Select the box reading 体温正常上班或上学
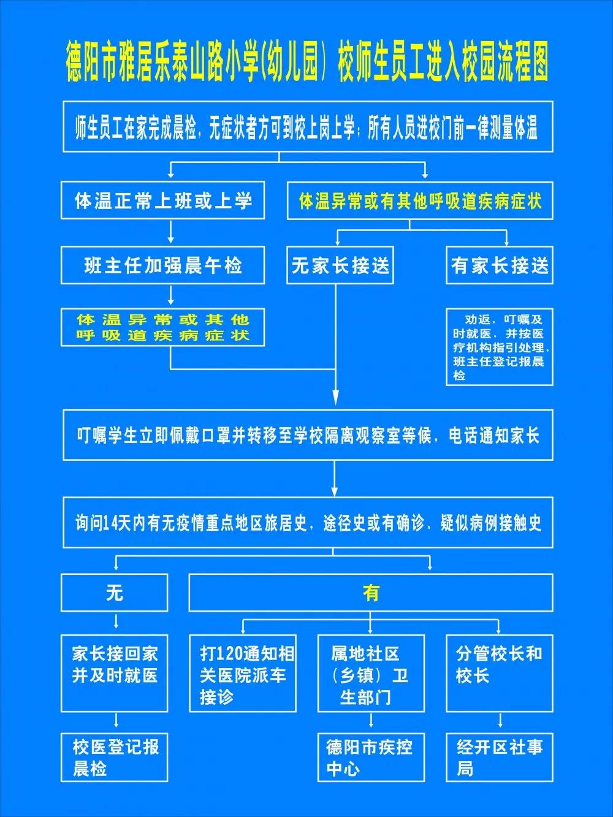pyautogui.click(x=162, y=200)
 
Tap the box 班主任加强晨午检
pyautogui.click(x=162, y=265)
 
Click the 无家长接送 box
pyautogui.click(x=340, y=265)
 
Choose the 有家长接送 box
pyautogui.click(x=500, y=265)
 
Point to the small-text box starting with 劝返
pyautogui.click(x=500, y=346)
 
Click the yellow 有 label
pyautogui.click(x=371, y=593)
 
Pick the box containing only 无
pyautogui.click(x=114, y=593)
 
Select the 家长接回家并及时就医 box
pyautogui.click(x=114, y=674)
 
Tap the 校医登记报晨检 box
pyautogui.click(x=114, y=758)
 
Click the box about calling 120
pyautogui.click(x=243, y=674)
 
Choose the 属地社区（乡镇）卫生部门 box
pyautogui.click(x=371, y=674)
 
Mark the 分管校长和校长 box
pyautogui.click(x=500, y=674)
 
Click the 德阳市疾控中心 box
pyautogui.click(x=371, y=758)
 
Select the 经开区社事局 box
pyautogui.click(x=500, y=758)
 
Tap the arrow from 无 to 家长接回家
pyautogui.click(x=116, y=621)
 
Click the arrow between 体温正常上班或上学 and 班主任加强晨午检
pyautogui.click(x=171, y=232)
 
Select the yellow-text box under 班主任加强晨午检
pyautogui.click(x=162, y=327)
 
